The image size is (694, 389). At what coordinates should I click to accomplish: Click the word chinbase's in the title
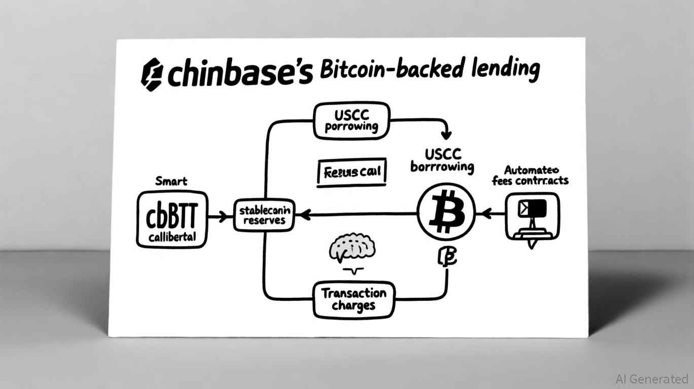(239, 74)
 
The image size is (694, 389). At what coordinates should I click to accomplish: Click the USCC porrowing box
(352, 120)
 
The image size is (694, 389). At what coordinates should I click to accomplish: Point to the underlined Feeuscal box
(351, 173)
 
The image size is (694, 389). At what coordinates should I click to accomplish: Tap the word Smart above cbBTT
(171, 181)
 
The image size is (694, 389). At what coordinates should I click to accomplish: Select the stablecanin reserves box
(264, 215)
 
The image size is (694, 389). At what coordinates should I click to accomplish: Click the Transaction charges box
(353, 299)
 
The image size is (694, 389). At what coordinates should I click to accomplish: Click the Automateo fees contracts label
(531, 175)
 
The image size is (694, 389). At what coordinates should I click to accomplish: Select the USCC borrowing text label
(442, 160)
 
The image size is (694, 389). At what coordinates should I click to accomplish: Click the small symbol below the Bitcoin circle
(446, 257)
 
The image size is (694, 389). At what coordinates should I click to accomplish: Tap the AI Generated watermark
(651, 379)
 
